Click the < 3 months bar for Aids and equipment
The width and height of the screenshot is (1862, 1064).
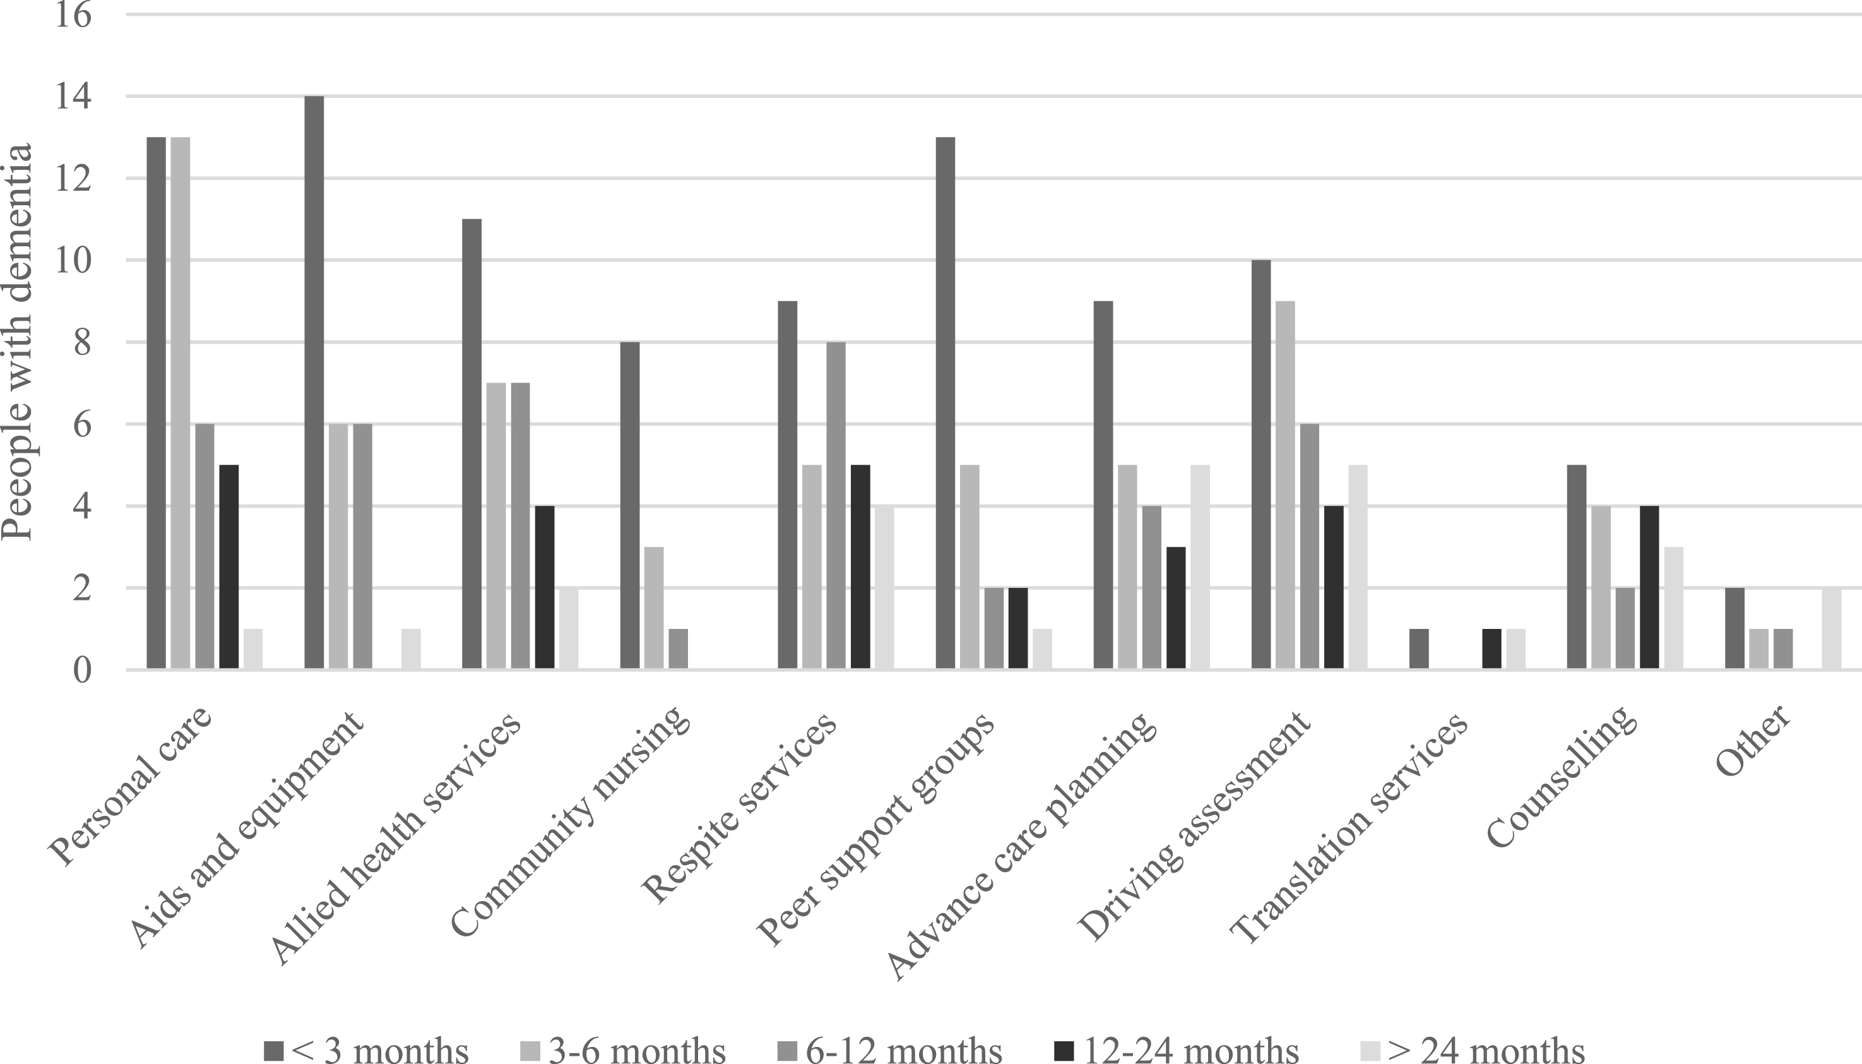314,383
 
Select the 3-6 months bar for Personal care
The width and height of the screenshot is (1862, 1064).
181,403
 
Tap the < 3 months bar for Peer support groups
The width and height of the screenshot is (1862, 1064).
946,403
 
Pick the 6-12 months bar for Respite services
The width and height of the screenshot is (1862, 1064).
836,506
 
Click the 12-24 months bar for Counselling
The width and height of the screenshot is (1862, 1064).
1649,587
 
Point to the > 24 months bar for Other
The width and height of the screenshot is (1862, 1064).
1831,628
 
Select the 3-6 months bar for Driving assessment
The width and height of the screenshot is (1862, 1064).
1285,485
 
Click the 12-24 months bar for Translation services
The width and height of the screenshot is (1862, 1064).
1491,649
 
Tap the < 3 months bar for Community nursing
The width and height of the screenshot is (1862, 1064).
630,506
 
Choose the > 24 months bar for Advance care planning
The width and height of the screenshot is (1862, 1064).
1200,567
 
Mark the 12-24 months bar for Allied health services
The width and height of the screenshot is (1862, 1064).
544,587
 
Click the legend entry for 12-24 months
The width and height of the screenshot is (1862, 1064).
1177,1049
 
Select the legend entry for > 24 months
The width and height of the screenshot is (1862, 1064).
1472,1049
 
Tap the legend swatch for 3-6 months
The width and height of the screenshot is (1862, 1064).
530,1051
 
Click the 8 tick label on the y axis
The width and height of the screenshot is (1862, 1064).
83,342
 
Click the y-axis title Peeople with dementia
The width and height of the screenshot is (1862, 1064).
18,341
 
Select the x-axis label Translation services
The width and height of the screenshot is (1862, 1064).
1348,827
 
